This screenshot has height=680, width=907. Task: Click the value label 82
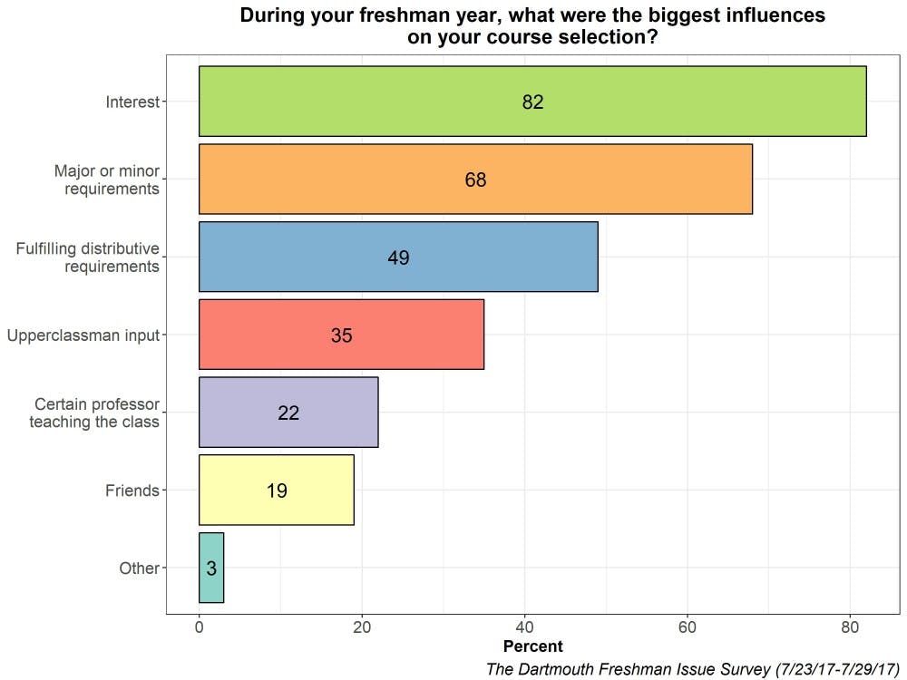[532, 102]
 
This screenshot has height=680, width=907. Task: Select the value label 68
[475, 180]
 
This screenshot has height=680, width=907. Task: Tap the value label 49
[398, 258]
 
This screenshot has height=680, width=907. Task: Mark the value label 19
[277, 491]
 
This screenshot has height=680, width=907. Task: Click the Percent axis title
[532, 646]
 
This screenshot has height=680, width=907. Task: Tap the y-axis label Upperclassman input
[83, 335]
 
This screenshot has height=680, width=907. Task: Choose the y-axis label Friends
[132, 491]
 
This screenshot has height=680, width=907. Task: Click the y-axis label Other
[139, 568]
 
